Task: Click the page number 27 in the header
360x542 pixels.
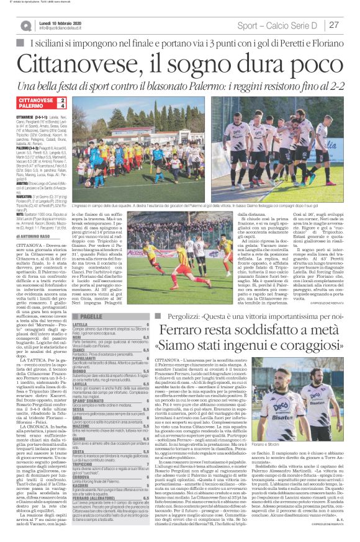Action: [333, 25]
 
